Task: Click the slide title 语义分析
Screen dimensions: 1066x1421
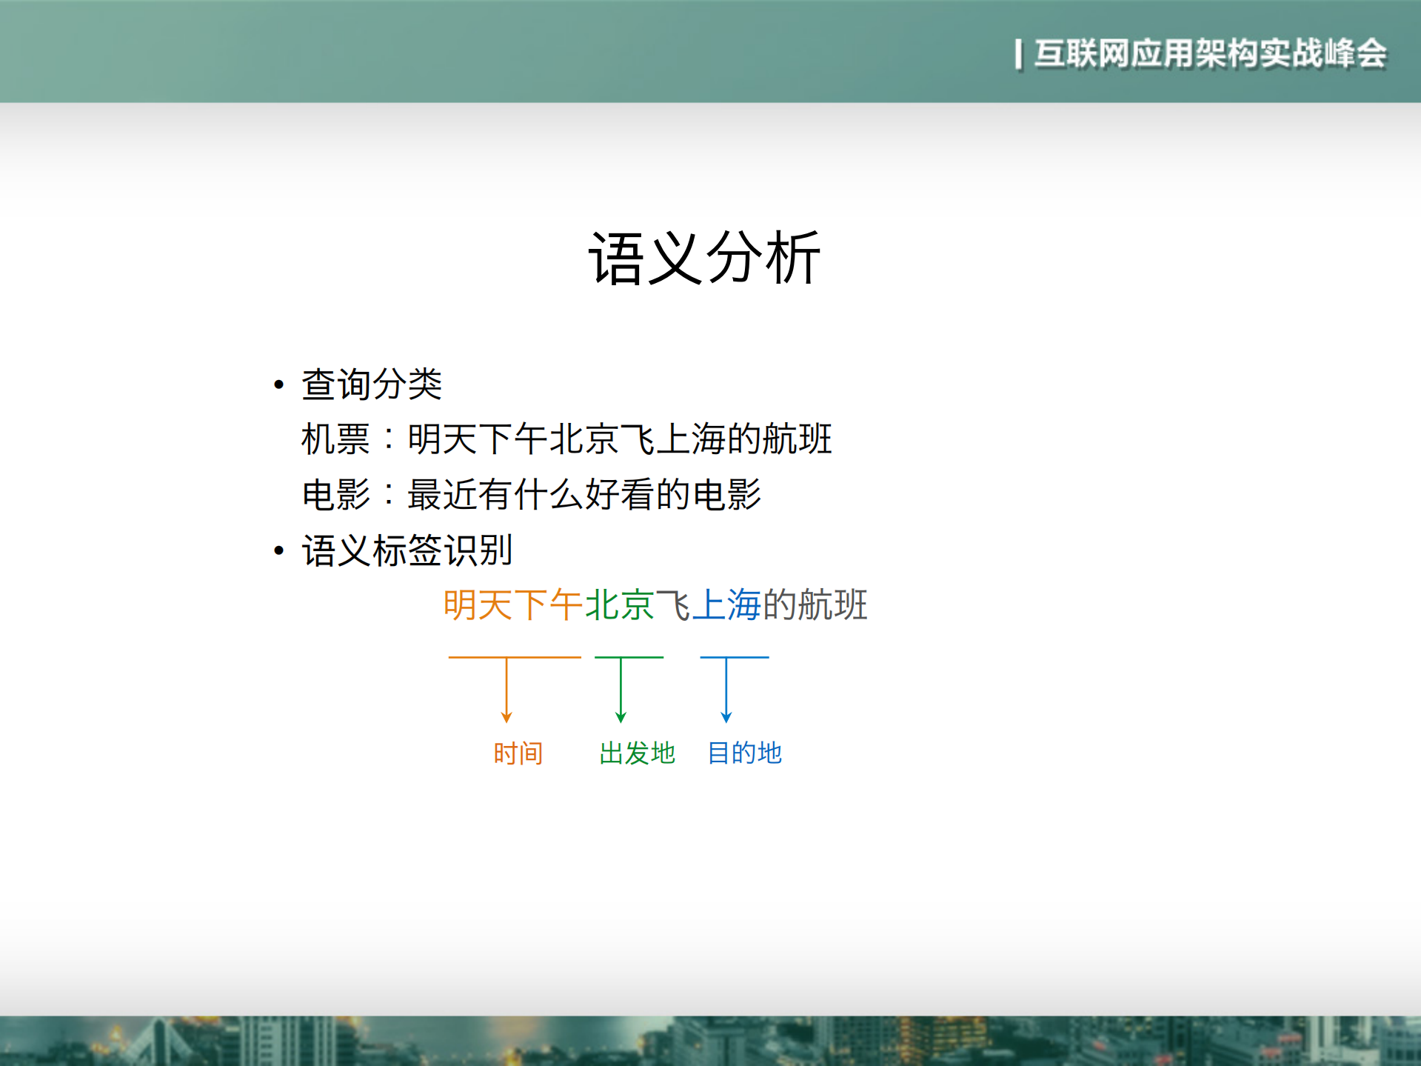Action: tap(704, 258)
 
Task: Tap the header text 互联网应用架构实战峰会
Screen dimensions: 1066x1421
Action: tap(1210, 53)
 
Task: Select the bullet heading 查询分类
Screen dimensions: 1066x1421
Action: tap(371, 384)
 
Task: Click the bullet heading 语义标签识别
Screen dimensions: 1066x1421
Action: tap(407, 550)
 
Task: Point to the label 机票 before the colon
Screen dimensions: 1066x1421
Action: tap(335, 439)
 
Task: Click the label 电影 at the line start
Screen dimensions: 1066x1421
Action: tap(335, 494)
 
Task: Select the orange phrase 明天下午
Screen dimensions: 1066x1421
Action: tap(512, 604)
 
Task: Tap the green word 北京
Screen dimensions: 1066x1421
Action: tap(619, 604)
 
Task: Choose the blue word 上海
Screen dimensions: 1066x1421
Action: tap(726, 604)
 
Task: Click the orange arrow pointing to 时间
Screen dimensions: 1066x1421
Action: tap(506, 689)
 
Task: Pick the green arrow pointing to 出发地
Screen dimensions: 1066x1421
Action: tap(621, 689)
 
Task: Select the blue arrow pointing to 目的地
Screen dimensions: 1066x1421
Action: tap(726, 689)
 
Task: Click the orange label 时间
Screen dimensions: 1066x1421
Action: tap(518, 753)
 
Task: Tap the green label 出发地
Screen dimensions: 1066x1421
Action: tap(637, 753)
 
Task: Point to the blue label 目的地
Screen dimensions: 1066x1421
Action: tap(744, 753)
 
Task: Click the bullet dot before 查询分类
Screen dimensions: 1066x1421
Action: tap(278, 384)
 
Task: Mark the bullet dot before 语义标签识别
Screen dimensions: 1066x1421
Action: tap(278, 550)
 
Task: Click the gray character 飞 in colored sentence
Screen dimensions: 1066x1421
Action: tap(672, 604)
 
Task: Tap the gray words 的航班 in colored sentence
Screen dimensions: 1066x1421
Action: tap(814, 604)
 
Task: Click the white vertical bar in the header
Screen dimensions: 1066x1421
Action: tap(1018, 54)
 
